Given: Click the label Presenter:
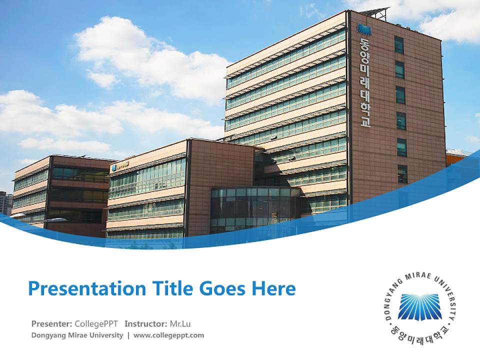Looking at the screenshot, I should pos(51,323).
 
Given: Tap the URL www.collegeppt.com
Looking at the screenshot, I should pos(169,335).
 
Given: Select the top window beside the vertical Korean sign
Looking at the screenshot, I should pos(398,44).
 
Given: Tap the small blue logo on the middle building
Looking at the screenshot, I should pos(114,166).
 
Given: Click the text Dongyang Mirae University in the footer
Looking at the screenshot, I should pos(77,335).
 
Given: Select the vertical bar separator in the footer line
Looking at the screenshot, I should pos(128,335).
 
